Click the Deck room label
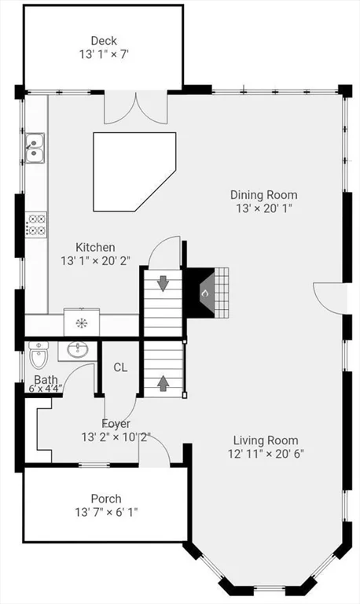click(x=104, y=40)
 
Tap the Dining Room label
click(x=264, y=194)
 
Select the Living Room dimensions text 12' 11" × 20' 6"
click(x=266, y=453)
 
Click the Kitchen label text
click(x=95, y=247)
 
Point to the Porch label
click(x=106, y=499)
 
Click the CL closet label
click(x=120, y=367)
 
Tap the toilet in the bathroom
click(x=39, y=355)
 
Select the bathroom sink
click(x=78, y=350)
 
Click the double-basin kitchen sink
click(x=35, y=149)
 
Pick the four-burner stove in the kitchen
click(x=36, y=225)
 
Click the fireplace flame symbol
click(x=204, y=293)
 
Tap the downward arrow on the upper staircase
click(x=163, y=283)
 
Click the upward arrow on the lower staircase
click(x=163, y=383)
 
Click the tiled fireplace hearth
click(x=222, y=293)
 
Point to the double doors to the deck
click(x=135, y=108)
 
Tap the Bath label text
click(x=46, y=380)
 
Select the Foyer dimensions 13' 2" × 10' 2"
click(x=116, y=437)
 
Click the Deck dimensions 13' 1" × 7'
click(x=104, y=54)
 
